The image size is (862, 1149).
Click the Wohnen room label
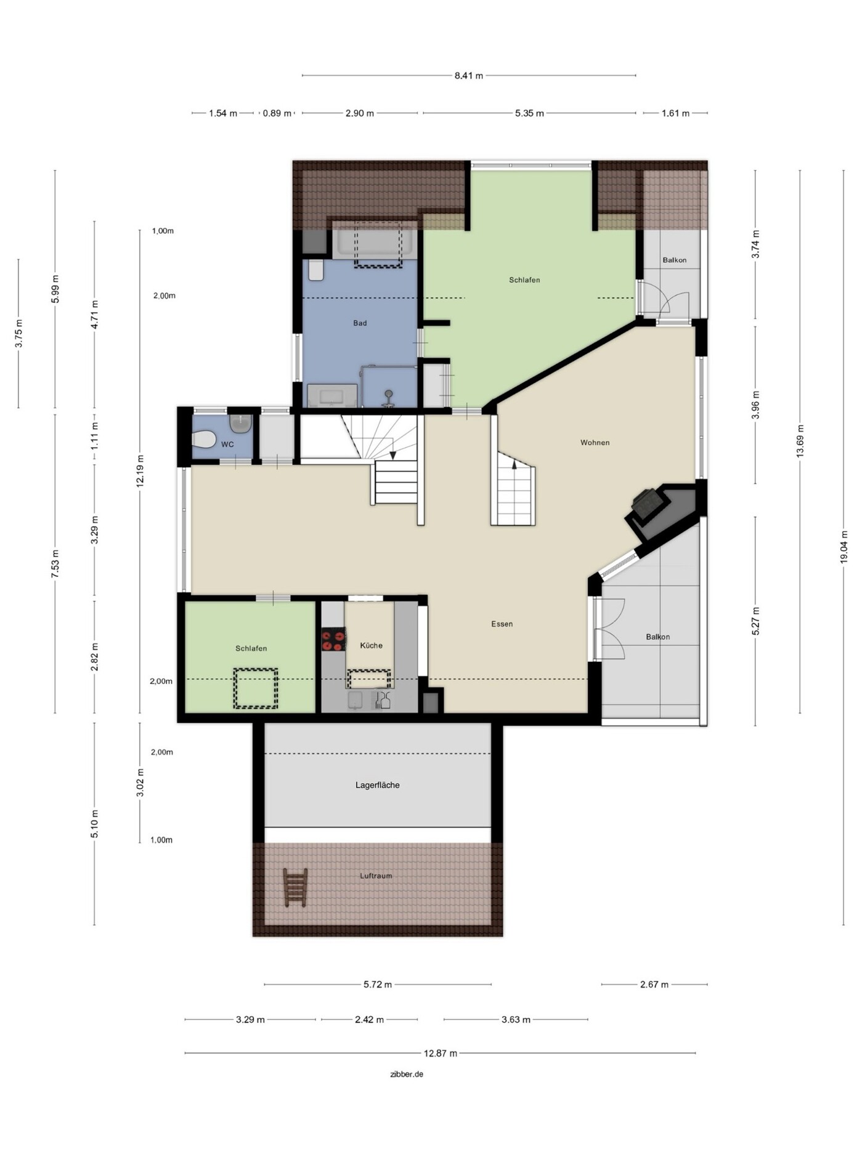[595, 443]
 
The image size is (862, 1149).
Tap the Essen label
[502, 624]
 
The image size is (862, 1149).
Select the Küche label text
[371, 645]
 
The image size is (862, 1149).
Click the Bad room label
[360, 323]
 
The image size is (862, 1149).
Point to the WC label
[227, 445]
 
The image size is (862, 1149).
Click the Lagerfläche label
[377, 785]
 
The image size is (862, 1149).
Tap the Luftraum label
[376, 876]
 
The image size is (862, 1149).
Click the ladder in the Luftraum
[295, 887]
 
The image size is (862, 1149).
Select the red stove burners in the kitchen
[333, 639]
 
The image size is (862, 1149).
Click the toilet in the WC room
[203, 439]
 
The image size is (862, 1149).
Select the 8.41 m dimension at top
[469, 76]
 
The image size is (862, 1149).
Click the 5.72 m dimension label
[378, 985]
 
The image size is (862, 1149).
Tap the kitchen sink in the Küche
[356, 699]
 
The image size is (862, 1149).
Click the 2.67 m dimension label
[654, 985]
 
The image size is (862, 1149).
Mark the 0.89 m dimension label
[277, 113]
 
